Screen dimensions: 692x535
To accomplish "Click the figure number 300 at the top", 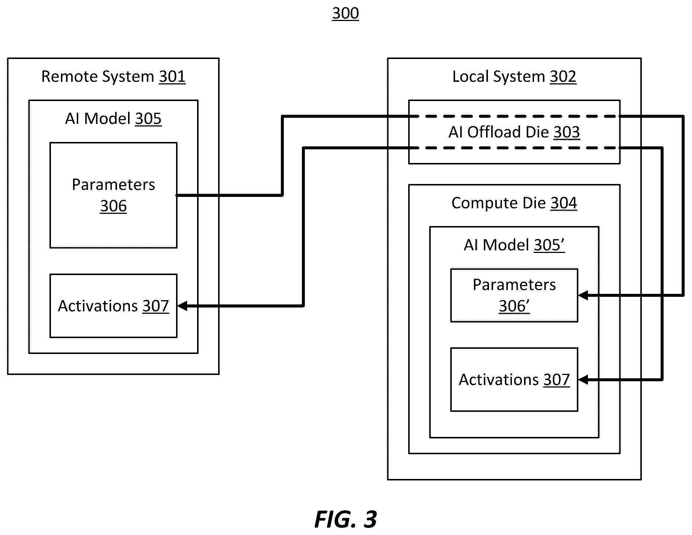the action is pos(345,13).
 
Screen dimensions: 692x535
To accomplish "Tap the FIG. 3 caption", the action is pos(345,520).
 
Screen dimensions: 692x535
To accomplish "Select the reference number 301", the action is pos(172,77).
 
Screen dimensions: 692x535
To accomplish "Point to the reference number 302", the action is pos(563,77).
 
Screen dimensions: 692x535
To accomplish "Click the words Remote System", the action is pos(97,77).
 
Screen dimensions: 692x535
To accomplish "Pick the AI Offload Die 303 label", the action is pos(514,132).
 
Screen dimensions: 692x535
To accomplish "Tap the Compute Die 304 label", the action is pos(514,203).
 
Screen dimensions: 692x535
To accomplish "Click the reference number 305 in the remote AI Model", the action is pos(148,119).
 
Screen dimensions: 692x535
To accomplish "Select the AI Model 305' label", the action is pos(514,245).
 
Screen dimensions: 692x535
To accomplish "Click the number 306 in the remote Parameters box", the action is pos(113,206).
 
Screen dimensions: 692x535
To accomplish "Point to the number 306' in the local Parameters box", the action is pos(514,306).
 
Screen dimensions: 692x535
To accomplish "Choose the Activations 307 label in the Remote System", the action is pos(113,306).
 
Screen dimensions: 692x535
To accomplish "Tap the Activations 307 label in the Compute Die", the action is pos(514,380).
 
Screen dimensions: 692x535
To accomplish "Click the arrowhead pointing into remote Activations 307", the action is pos(182,306).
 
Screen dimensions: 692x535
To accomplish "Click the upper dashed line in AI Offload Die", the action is pos(514,117).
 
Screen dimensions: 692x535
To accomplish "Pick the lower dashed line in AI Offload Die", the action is pos(514,148).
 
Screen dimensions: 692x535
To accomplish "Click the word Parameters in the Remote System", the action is pos(113,185).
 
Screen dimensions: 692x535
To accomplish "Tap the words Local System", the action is pos(499,77).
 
